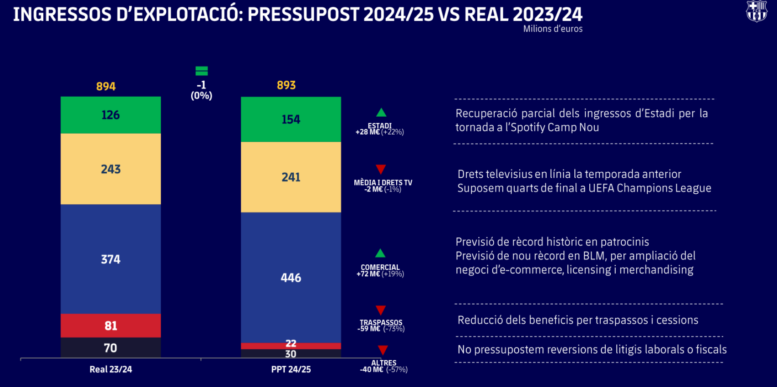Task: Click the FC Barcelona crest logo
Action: point(757,11)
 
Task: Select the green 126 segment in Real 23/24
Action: point(111,115)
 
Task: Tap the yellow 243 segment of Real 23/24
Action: point(111,169)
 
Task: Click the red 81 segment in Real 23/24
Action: point(111,325)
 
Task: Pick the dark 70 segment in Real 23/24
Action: point(111,348)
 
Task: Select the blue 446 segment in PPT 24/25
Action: point(291,278)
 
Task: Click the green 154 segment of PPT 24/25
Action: point(291,119)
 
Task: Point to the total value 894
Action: point(106,86)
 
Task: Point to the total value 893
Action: point(286,85)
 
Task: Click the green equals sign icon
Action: point(201,71)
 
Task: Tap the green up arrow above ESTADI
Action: point(381,113)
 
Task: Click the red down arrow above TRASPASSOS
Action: point(381,310)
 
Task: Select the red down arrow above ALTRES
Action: point(383,350)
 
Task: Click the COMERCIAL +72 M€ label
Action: point(380,271)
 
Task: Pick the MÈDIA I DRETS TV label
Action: point(383,183)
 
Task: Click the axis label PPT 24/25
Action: point(291,369)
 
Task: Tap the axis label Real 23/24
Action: point(111,369)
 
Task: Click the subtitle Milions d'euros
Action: point(552,29)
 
